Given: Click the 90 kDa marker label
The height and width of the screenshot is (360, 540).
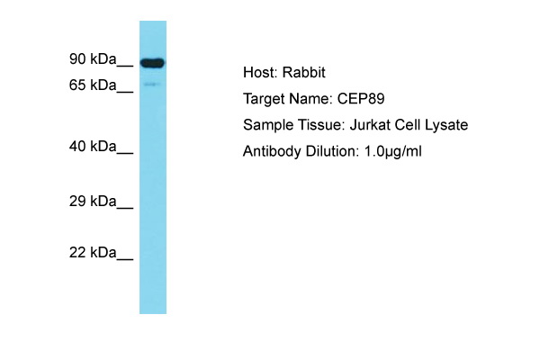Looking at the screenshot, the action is [x=93, y=58].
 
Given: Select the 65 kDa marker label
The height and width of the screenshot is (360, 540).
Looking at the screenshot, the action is [x=93, y=85].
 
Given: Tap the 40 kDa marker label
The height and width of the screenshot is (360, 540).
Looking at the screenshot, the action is [x=93, y=147].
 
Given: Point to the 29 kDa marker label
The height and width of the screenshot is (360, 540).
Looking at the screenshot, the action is [x=93, y=201].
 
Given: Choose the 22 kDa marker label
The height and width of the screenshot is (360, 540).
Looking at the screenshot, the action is [x=93, y=253].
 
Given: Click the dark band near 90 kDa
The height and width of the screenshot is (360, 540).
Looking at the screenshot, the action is [x=152, y=63].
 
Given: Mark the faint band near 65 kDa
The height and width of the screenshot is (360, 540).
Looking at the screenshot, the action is [x=152, y=84].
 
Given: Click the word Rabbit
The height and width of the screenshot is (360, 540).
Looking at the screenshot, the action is [x=303, y=73].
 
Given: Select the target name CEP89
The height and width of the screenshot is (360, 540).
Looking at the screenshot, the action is [x=361, y=99].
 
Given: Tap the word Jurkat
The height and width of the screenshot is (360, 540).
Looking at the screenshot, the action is [x=370, y=125].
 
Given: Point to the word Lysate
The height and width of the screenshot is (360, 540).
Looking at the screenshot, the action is [x=446, y=125].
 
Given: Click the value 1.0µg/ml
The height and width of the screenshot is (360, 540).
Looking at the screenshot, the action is [x=392, y=151].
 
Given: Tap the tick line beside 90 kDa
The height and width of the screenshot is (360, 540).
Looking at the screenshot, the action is [x=125, y=65].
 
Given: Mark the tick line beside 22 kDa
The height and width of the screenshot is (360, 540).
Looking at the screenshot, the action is [x=125, y=258].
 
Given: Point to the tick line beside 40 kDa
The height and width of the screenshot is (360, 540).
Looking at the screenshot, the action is [x=125, y=153].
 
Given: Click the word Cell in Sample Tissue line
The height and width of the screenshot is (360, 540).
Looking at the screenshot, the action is [x=408, y=125].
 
